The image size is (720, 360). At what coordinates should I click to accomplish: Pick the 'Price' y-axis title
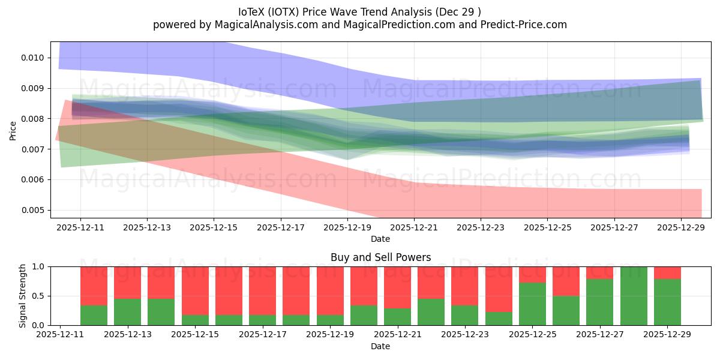coord(13,130)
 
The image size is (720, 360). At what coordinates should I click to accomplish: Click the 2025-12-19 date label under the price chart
coord(347,228)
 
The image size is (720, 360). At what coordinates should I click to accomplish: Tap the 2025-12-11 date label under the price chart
coord(80,228)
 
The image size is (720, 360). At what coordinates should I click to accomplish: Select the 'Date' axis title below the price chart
coord(380,239)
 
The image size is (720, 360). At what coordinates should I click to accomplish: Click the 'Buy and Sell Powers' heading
coord(380,257)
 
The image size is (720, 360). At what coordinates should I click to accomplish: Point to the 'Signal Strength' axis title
coord(22,296)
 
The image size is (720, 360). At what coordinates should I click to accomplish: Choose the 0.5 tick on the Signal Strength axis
coord(39,296)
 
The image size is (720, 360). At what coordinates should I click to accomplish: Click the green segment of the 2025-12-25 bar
coord(532,304)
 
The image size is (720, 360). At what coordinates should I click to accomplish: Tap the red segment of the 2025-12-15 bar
coord(195,290)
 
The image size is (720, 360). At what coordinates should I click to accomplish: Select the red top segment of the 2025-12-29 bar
coord(667,272)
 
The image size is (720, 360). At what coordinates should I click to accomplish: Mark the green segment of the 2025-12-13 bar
coord(127,312)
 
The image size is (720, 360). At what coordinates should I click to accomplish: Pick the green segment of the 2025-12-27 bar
coord(600,302)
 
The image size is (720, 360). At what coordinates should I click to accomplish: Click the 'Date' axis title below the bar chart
coord(380,346)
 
